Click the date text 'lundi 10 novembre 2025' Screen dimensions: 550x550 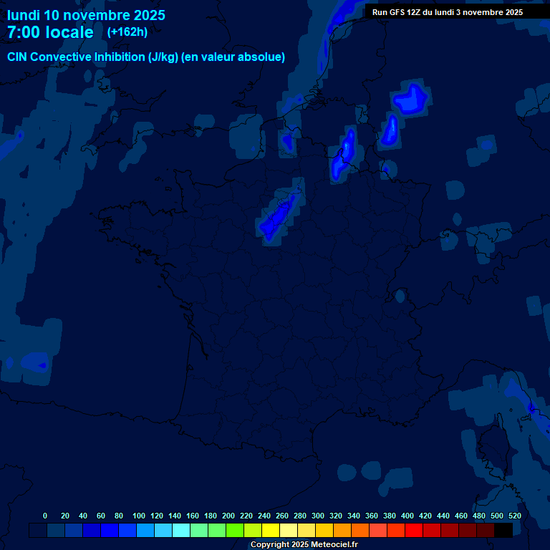[x=86, y=15]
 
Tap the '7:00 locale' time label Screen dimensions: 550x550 [x=50, y=32]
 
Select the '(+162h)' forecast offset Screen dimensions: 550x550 [x=127, y=32]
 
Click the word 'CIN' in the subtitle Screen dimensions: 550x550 [x=18, y=57]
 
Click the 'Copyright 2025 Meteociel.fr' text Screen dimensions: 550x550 [x=304, y=544]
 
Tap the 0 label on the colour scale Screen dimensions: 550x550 [x=45, y=516]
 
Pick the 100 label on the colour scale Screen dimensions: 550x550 [x=139, y=516]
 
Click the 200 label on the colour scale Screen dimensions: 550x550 [x=228, y=516]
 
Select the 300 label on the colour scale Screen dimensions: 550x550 [x=318, y=516]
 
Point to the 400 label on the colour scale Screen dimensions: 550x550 [x=407, y=516]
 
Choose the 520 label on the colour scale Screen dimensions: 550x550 [x=515, y=516]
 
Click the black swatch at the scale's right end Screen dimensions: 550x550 [x=503, y=530]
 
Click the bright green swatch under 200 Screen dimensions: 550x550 [x=235, y=530]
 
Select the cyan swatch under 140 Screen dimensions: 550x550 [x=181, y=530]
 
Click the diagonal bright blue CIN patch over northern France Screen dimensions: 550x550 [x=278, y=216]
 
